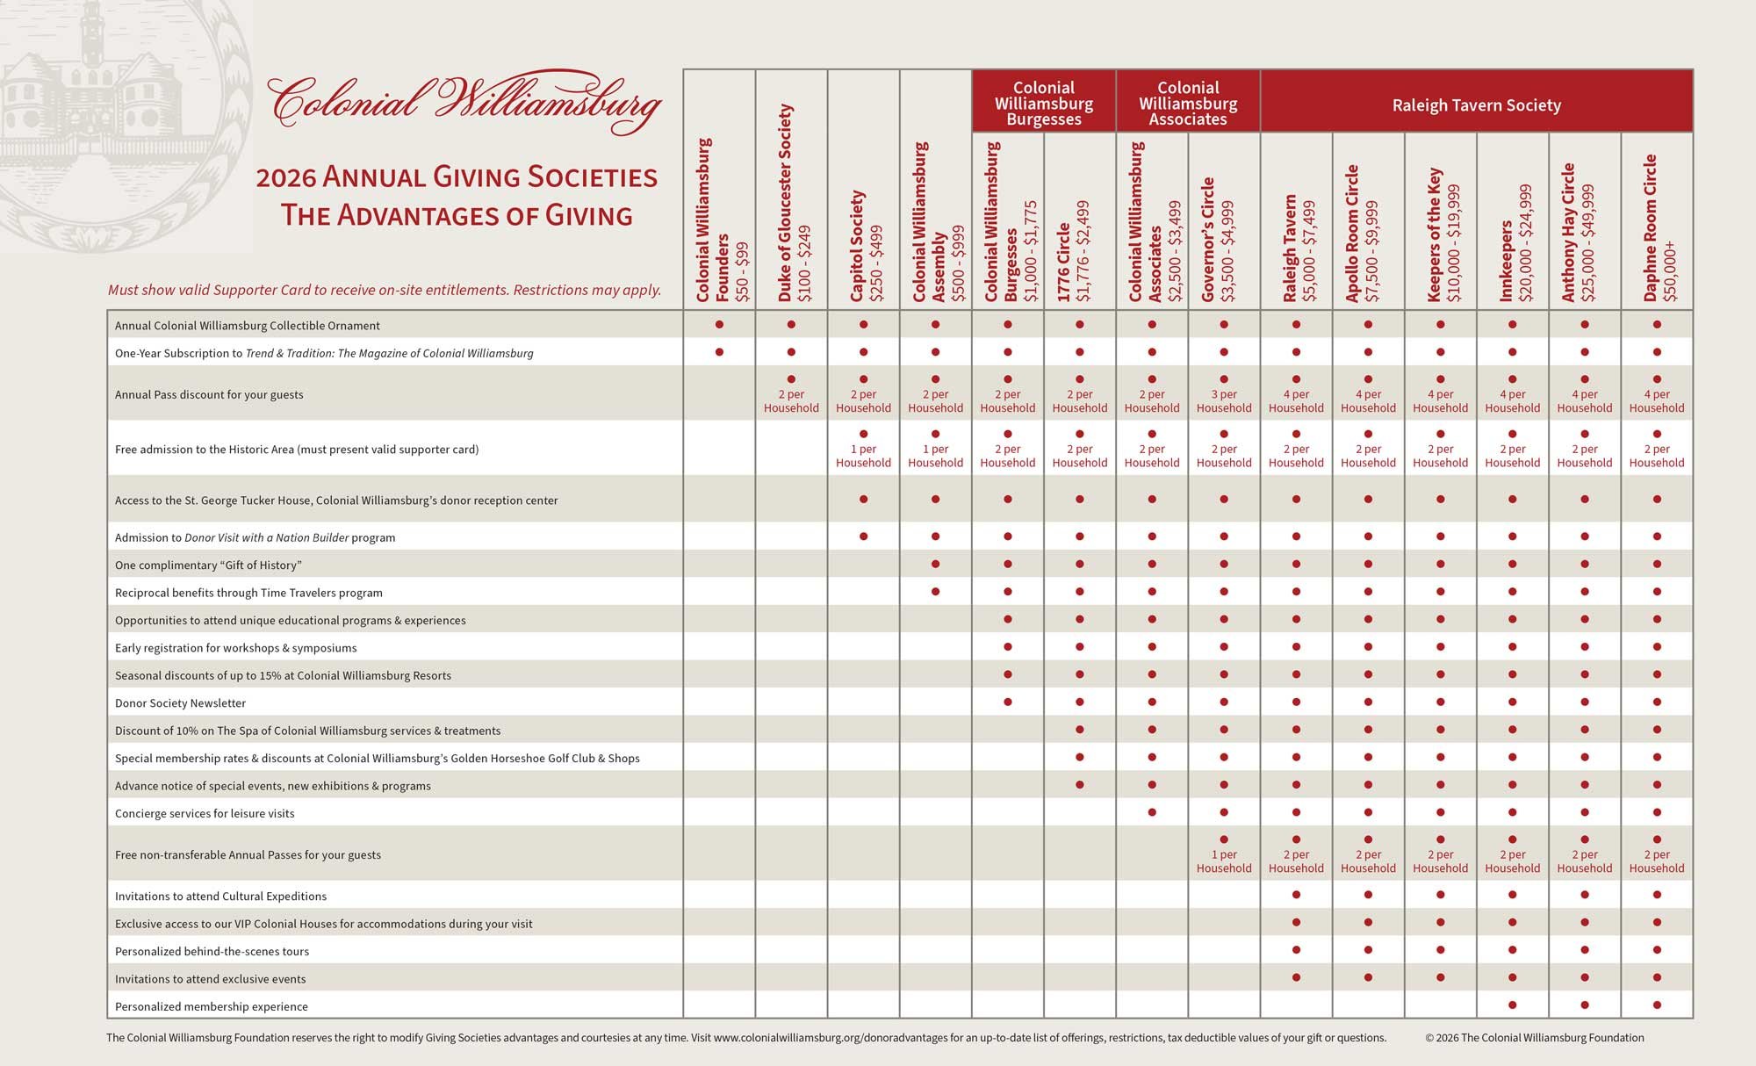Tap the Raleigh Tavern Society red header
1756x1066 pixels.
[1476, 105]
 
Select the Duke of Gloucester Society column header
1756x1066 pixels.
[791, 204]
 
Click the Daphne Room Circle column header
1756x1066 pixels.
[1657, 228]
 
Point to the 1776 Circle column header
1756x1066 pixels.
[1080, 251]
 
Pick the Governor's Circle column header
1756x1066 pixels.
[1224, 239]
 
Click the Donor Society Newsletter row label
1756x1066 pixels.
[180, 702]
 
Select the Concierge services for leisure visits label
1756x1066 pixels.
[205, 813]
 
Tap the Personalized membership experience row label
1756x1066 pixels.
[212, 1006]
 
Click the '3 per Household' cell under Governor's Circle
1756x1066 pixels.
[1224, 400]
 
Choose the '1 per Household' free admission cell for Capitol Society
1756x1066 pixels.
[863, 455]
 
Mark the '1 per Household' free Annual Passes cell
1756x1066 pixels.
[1224, 861]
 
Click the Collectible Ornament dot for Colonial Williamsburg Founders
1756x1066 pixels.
[719, 325]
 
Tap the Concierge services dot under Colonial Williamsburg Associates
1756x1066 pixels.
[1152, 812]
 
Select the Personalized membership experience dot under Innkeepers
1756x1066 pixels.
[1513, 1005]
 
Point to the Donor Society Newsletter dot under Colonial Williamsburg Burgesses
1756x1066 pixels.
[1008, 702]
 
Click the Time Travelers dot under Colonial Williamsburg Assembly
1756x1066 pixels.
[936, 592]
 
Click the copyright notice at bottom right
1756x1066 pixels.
[1535, 1038]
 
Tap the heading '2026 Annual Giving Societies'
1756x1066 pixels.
[457, 178]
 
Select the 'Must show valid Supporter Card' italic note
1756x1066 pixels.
[385, 291]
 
